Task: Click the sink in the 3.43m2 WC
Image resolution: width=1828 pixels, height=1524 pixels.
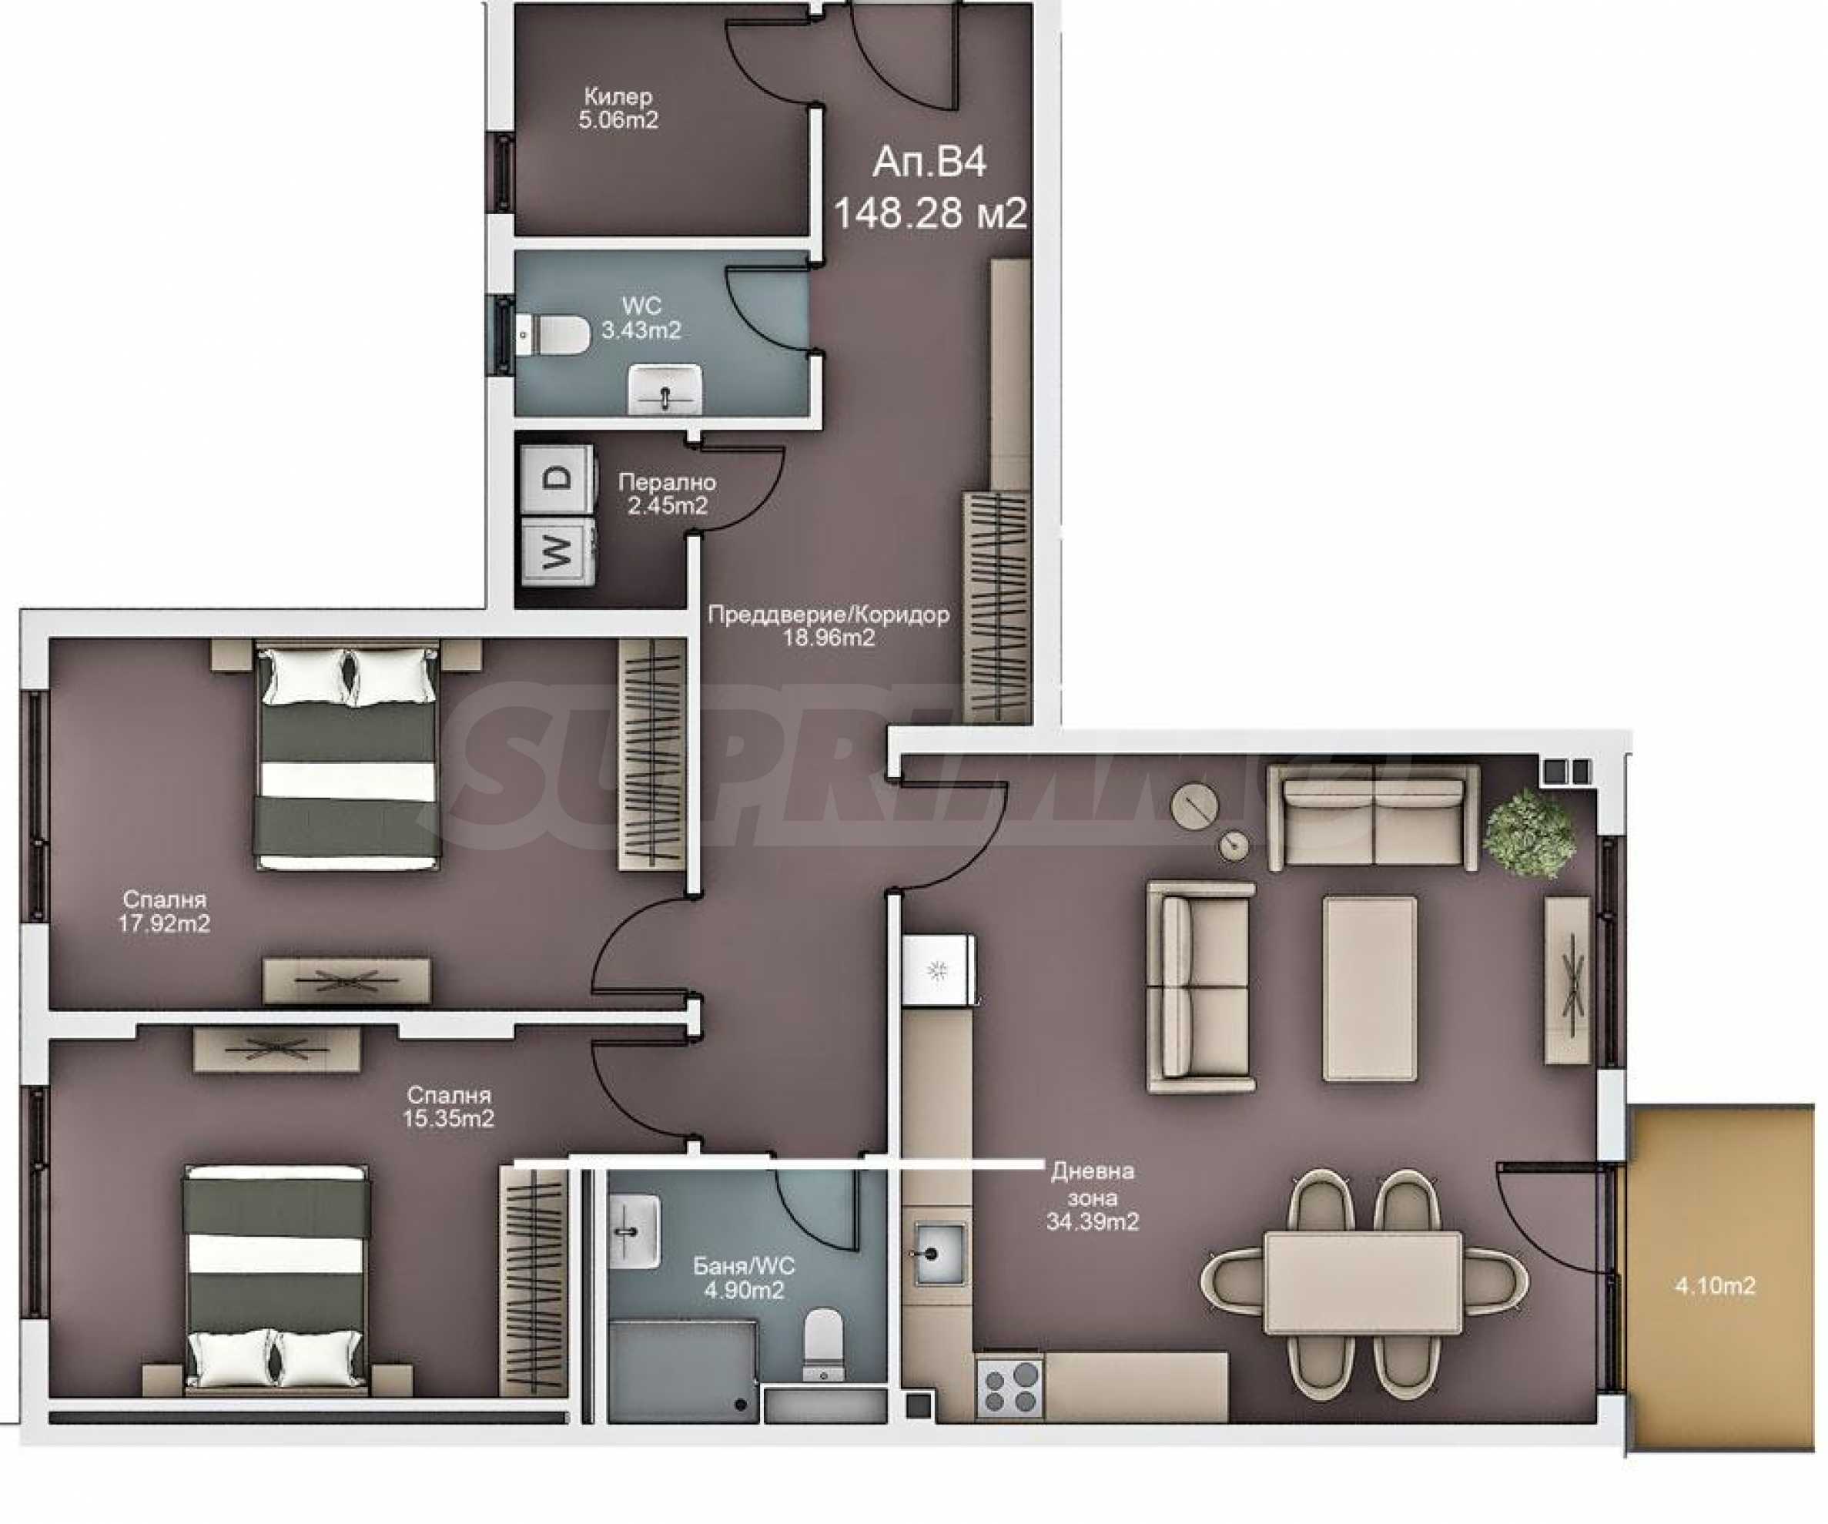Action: tap(665, 389)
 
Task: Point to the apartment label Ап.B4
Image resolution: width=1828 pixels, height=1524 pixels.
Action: tap(929, 162)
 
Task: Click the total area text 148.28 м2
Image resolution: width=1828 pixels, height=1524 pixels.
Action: tap(930, 213)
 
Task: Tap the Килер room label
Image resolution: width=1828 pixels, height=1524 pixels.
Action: tap(618, 96)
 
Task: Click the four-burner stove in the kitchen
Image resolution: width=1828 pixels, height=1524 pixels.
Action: tap(1009, 1386)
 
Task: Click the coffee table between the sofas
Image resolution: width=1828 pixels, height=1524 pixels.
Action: tap(1369, 989)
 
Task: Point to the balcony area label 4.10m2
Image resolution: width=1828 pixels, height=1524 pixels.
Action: tap(1715, 1285)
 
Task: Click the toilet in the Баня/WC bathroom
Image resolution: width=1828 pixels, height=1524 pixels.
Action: tap(822, 1345)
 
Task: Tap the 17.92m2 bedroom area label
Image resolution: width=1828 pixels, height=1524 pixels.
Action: tap(165, 923)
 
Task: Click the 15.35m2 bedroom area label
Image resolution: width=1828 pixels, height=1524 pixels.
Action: tap(448, 1118)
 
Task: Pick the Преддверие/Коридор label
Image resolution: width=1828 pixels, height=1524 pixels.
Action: tap(828, 615)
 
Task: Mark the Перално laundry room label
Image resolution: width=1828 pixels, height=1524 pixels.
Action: tap(667, 481)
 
